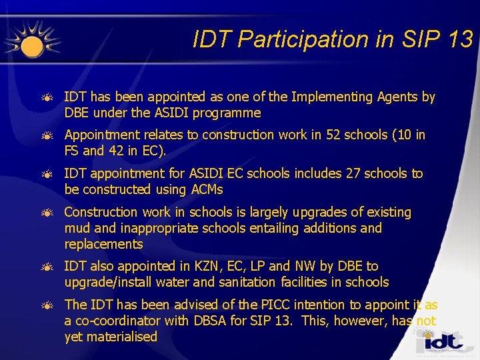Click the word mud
(x=77, y=229)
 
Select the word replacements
(x=103, y=244)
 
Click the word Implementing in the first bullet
(x=313, y=97)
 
